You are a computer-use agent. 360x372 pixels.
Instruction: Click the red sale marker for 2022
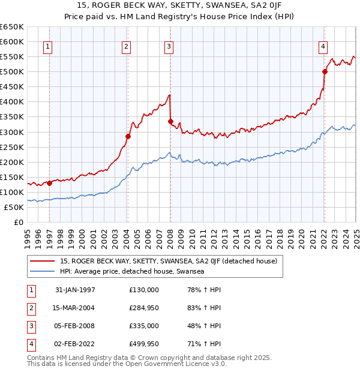[325, 72]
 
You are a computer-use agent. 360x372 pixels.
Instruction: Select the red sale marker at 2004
[128, 136]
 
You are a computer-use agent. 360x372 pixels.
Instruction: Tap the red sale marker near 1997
[50, 183]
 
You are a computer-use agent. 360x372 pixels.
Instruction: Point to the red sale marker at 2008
[170, 121]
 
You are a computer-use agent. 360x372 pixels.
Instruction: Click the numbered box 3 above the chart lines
[169, 47]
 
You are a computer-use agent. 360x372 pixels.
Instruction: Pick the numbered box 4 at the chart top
[323, 47]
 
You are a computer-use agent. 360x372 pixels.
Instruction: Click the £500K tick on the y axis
[11, 72]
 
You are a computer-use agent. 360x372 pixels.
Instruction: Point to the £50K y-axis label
[13, 207]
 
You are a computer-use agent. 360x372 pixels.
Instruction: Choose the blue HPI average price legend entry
[132, 272]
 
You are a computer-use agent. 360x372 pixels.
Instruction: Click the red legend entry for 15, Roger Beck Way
[168, 261]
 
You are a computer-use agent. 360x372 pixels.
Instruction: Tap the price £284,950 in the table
[144, 308]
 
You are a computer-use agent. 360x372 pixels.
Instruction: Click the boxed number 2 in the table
[29, 308]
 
